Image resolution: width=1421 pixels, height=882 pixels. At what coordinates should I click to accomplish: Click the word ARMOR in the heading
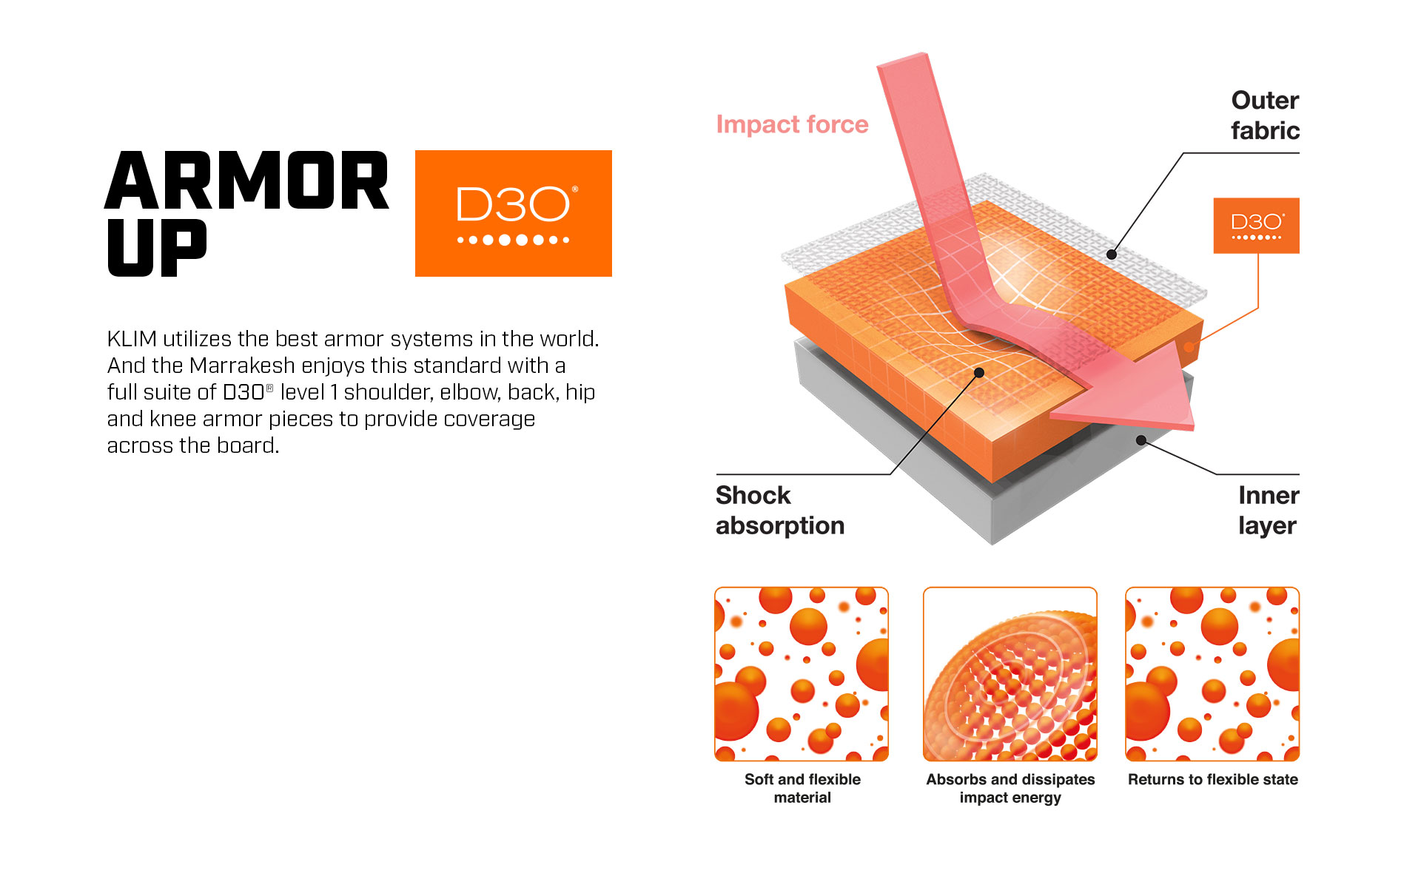coord(247,181)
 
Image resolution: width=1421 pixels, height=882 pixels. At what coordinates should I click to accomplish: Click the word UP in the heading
coord(157,248)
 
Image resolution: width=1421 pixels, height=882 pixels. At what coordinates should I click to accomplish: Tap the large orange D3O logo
coord(513,213)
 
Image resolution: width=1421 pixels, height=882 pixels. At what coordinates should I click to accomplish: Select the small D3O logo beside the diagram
coord(1256,226)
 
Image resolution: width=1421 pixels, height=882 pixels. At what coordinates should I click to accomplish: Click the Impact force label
coord(792,124)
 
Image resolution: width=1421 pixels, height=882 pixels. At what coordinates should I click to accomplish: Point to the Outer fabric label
coord(1265,115)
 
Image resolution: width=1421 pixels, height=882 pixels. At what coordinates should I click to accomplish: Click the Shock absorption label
coord(780,510)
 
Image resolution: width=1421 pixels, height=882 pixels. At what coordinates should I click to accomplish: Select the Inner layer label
coord(1269,510)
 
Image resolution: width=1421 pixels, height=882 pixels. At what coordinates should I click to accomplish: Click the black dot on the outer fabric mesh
coord(1111,255)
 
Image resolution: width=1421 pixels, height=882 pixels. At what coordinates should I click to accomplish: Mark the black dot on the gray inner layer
coord(1141,440)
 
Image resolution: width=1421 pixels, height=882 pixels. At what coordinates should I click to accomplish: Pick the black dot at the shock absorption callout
coord(979,373)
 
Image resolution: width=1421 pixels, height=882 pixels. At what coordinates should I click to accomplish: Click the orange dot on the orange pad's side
coord(1189,346)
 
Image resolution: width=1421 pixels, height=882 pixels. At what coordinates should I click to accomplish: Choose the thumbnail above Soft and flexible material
coord(802,674)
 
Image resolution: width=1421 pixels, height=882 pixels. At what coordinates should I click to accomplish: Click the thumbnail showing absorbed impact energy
coord(1010,674)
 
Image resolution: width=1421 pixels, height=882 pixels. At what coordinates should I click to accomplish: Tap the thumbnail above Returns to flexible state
coord(1212,674)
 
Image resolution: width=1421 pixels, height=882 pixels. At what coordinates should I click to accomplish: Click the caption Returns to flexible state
coord(1212,779)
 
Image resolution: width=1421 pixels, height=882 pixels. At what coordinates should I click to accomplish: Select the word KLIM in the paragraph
coord(132,339)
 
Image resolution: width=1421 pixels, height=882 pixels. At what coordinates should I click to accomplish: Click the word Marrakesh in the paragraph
coord(242,366)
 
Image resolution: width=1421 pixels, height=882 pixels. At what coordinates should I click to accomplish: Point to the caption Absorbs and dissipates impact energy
coord(1010,789)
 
